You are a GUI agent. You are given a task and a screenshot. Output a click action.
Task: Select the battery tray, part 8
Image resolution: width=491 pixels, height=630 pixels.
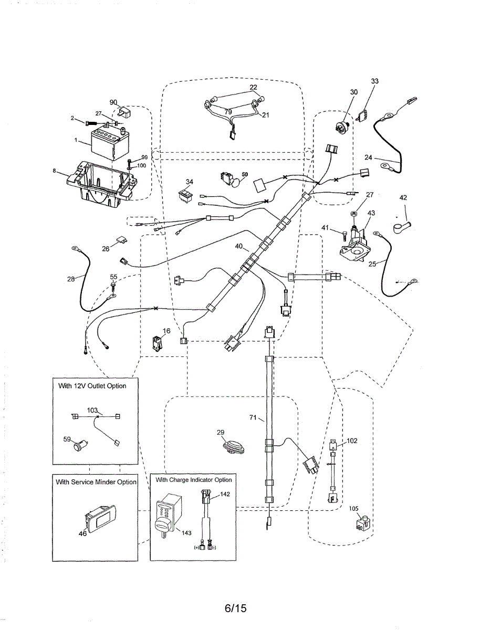tap(100, 181)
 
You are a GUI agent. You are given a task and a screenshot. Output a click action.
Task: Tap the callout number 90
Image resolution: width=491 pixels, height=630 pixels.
tap(113, 102)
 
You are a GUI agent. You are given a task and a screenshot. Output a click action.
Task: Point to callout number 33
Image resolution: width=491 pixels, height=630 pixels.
tap(374, 81)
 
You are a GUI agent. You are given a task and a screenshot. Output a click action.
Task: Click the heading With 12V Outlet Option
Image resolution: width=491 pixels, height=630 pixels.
tap(92, 386)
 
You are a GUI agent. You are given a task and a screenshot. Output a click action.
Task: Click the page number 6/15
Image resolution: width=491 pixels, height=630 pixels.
tap(235, 608)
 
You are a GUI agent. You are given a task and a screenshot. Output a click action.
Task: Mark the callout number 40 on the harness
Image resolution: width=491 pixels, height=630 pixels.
tap(239, 246)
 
